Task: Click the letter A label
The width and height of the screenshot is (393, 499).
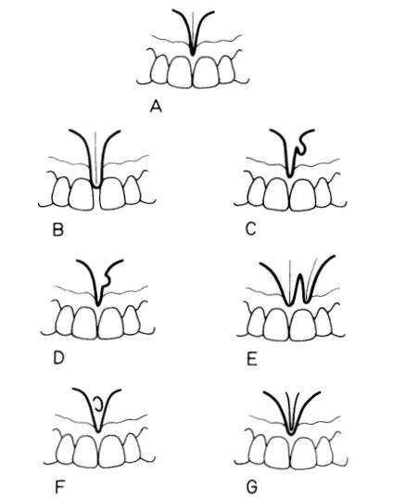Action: [156, 107]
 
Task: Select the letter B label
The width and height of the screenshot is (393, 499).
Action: [57, 230]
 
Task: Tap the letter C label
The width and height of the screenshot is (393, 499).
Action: [251, 229]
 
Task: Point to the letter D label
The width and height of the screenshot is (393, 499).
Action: [58, 358]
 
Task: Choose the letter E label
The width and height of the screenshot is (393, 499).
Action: [252, 360]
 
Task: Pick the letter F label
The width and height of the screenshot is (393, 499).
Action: [59, 487]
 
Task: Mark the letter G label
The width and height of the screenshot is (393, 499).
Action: [252, 488]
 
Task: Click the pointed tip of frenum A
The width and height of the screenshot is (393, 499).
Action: [193, 54]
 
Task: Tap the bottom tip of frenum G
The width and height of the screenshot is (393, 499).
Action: [290, 433]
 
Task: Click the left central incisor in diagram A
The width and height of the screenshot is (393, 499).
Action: [180, 71]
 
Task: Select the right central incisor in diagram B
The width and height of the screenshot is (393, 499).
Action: [112, 193]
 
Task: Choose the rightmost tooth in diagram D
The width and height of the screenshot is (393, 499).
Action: [132, 320]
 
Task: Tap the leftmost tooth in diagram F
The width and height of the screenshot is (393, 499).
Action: [66, 450]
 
